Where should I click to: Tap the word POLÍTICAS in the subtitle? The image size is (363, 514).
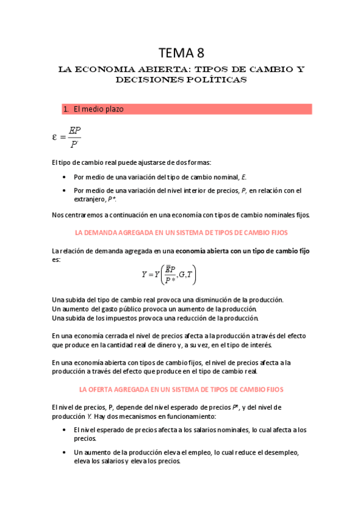[x=215, y=79]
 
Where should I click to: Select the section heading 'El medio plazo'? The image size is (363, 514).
[x=98, y=110]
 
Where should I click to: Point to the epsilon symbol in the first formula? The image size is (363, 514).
[x=55, y=136]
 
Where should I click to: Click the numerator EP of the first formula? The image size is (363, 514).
[x=75, y=130]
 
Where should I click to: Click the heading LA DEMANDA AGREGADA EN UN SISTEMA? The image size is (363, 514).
[x=181, y=232]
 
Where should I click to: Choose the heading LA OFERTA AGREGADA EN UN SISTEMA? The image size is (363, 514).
[x=181, y=389]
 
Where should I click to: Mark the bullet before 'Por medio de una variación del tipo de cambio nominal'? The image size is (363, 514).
[x=65, y=177]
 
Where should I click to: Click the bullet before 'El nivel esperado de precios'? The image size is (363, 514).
[x=65, y=430]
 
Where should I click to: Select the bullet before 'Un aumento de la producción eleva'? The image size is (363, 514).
[x=65, y=452]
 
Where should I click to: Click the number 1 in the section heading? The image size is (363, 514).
[x=65, y=110]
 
